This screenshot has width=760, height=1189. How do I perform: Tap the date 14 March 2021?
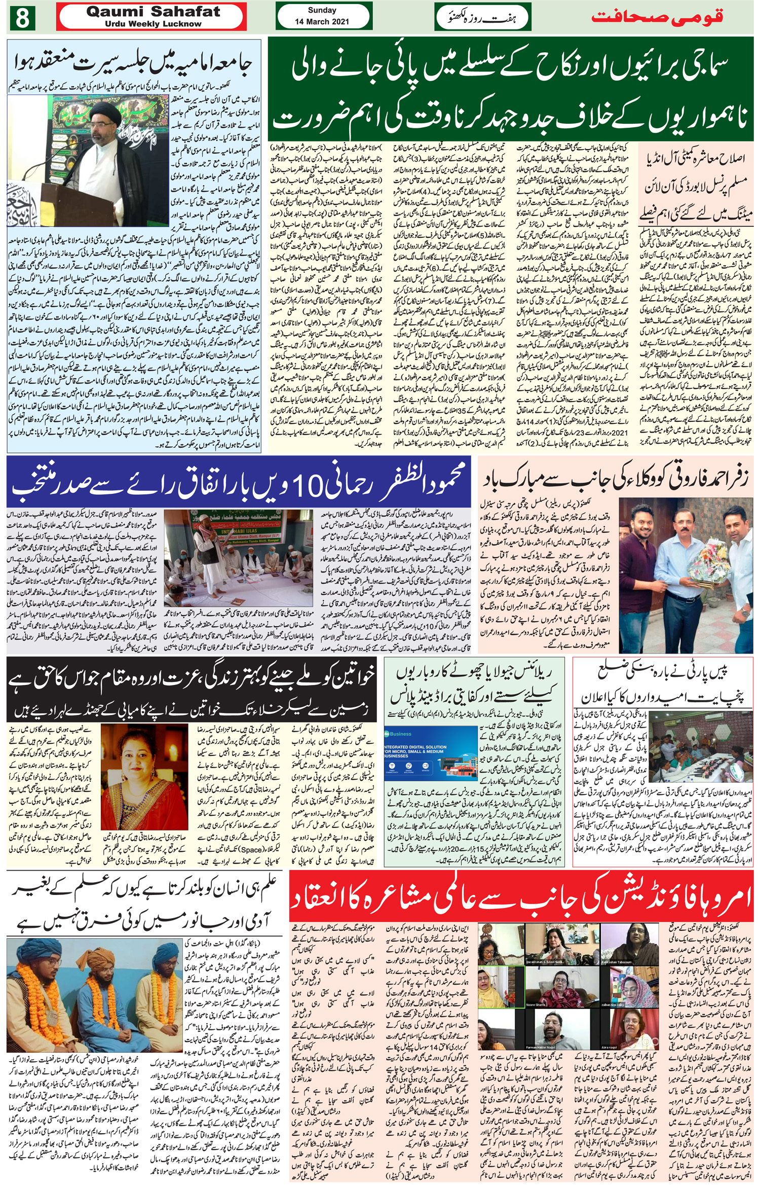(322, 22)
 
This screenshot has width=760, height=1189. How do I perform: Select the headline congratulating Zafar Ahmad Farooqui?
(616, 479)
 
